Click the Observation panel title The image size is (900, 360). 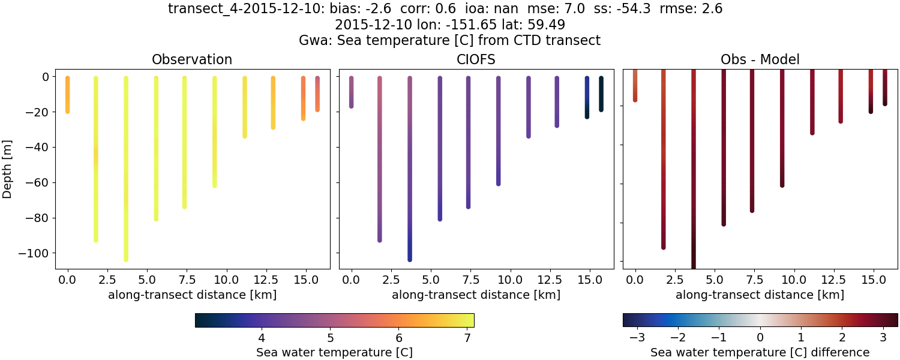192,59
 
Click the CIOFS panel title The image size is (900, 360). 476,59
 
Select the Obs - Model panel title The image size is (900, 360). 760,59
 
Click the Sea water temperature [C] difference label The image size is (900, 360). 760,352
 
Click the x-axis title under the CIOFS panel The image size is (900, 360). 476,295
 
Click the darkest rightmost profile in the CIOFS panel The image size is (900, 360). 601,94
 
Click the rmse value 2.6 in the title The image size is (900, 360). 712,8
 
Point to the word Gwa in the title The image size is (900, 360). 312,41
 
